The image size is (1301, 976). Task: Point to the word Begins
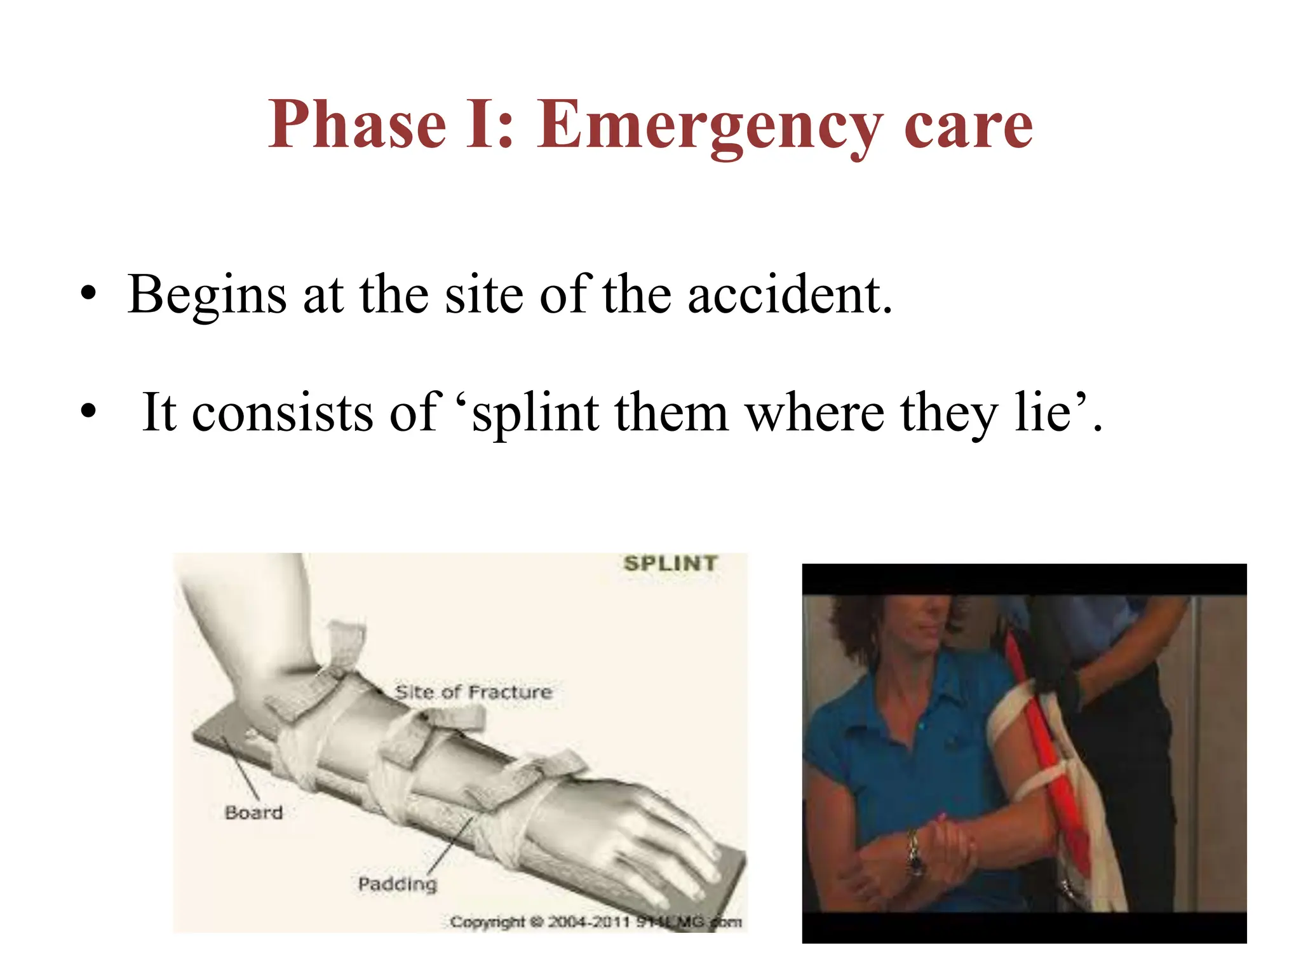click(207, 296)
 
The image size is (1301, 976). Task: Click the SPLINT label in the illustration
click(670, 564)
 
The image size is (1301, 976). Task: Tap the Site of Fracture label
click(473, 692)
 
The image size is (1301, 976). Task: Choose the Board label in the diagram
click(253, 813)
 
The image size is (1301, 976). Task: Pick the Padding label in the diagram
click(398, 884)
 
